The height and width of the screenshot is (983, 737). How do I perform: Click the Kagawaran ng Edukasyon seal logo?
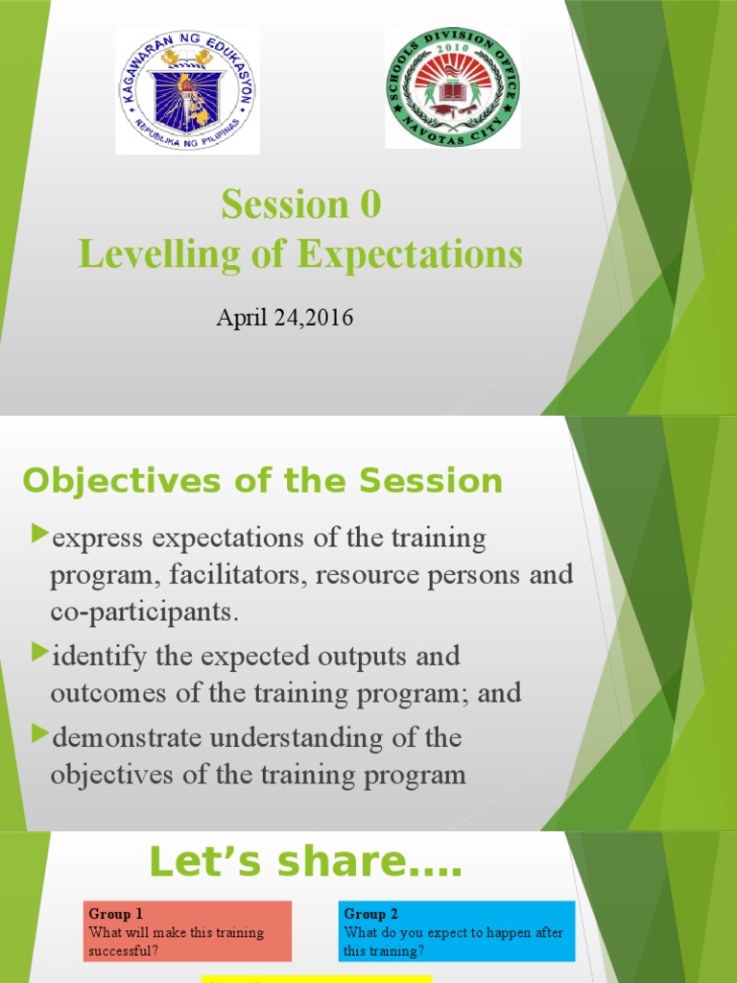pyautogui.click(x=187, y=90)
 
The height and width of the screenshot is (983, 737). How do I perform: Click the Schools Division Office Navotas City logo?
pyautogui.click(x=452, y=87)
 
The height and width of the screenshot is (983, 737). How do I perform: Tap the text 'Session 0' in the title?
pyautogui.click(x=300, y=204)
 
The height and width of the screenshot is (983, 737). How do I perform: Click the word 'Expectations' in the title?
pyautogui.click(x=410, y=254)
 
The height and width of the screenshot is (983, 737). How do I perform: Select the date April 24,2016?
pyautogui.click(x=284, y=318)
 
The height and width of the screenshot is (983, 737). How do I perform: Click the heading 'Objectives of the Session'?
pyautogui.click(x=262, y=481)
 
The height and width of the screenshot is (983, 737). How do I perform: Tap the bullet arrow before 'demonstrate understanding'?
pyautogui.click(x=39, y=734)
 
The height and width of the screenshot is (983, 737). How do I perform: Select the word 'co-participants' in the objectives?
pyautogui.click(x=142, y=612)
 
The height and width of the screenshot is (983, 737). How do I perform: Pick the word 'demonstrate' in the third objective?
pyautogui.click(x=112, y=738)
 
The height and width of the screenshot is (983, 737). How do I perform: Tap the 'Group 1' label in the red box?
pyautogui.click(x=115, y=914)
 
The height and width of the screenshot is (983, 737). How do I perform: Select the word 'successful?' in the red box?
pyautogui.click(x=124, y=949)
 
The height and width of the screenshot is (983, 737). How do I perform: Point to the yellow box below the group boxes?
pyautogui.click(x=316, y=978)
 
